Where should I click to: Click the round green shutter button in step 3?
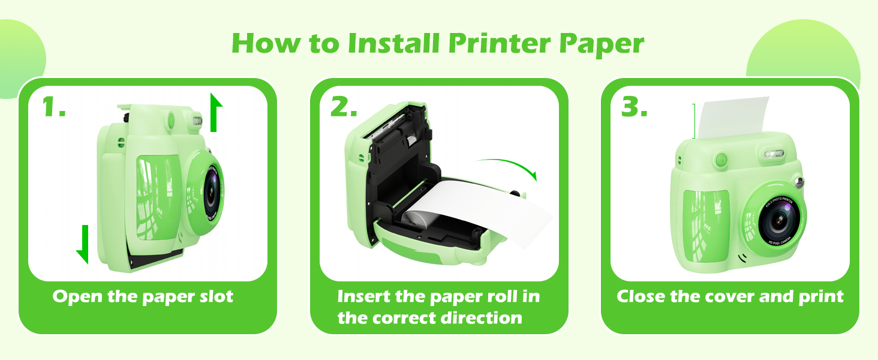click(721, 160)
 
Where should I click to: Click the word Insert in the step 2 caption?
click(365, 296)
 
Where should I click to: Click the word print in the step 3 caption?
click(820, 297)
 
